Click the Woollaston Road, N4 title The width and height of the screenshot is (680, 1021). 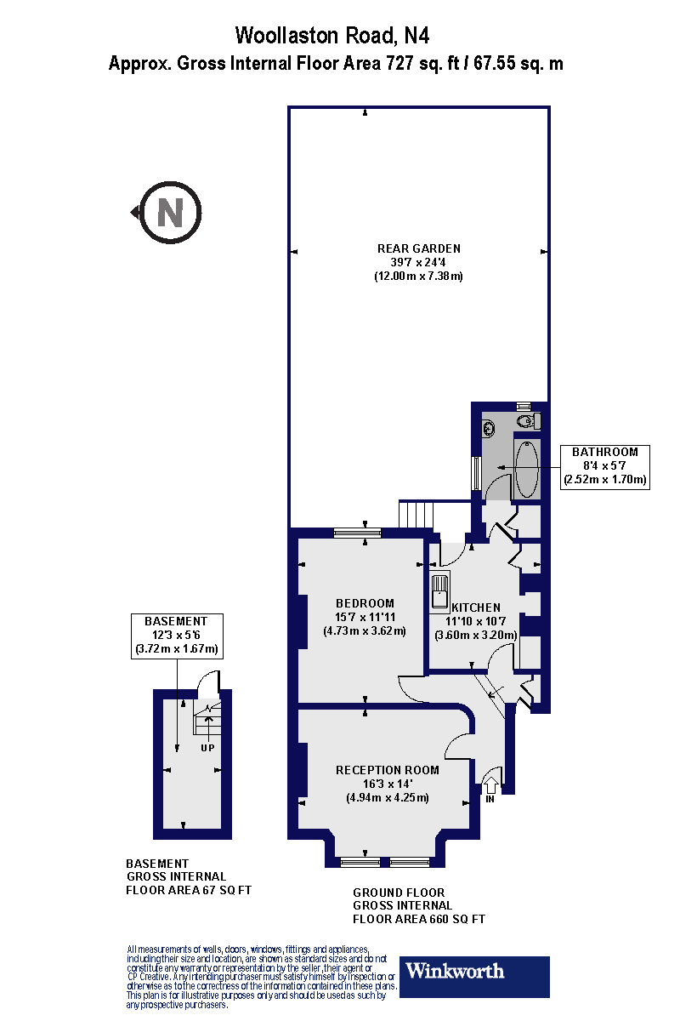tap(332, 35)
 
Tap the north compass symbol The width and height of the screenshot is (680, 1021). tap(169, 212)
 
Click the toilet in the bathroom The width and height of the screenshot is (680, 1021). tap(526, 420)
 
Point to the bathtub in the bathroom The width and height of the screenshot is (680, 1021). tap(527, 469)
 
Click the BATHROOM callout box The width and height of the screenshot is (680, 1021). tap(604, 466)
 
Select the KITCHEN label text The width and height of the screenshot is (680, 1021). tap(475, 607)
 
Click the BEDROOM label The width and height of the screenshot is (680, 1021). tap(365, 603)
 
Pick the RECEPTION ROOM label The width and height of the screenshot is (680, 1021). tap(388, 770)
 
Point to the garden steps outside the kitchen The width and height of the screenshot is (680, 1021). tap(416, 515)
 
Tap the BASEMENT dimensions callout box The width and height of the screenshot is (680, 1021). tap(175, 636)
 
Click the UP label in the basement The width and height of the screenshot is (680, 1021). tap(207, 748)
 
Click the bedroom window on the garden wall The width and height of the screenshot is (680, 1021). tap(357, 533)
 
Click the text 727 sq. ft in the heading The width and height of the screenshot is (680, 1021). tap(421, 63)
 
